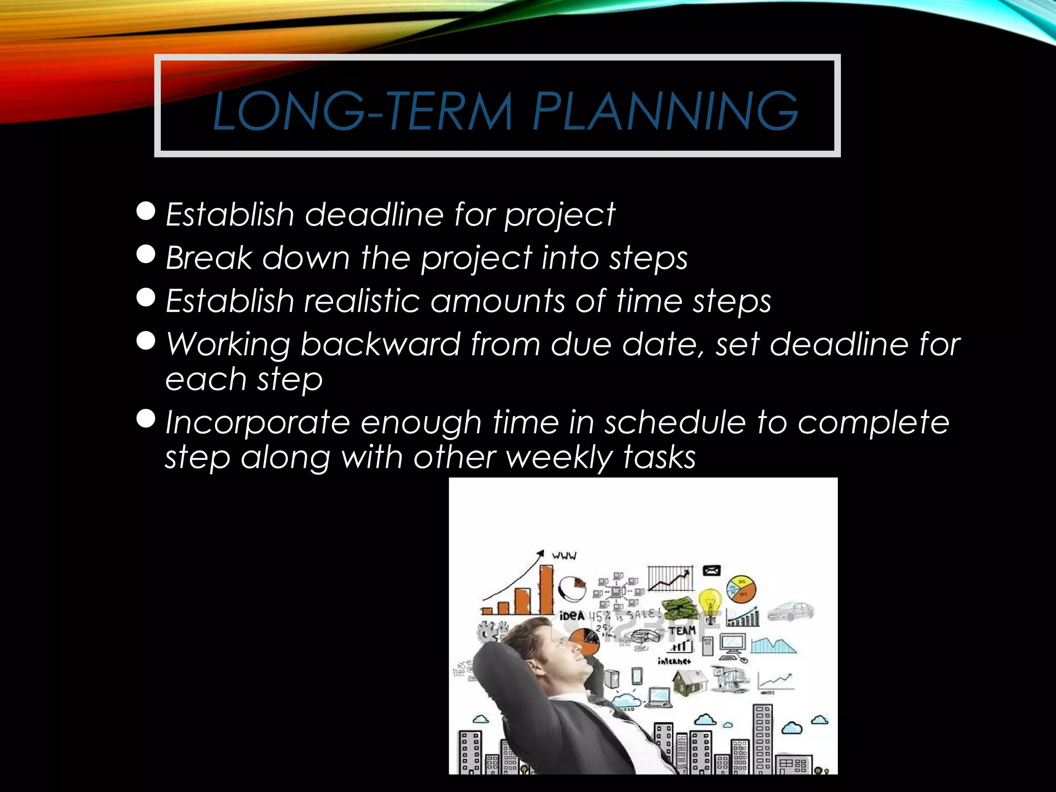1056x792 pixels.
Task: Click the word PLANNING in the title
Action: tap(665, 111)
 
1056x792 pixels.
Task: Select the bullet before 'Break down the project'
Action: tap(146, 254)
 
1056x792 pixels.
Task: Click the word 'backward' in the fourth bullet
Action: tap(380, 344)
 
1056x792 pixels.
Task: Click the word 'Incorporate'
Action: tap(258, 423)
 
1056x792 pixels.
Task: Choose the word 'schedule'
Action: tap(675, 423)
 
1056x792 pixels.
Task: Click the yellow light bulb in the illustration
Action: tap(710, 601)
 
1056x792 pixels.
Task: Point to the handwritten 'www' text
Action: tap(564, 556)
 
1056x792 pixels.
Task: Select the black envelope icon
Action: tap(712, 570)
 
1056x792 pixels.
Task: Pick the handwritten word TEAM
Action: tap(682, 631)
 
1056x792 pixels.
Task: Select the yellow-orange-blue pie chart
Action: tap(741, 589)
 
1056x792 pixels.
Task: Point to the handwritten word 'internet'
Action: tap(674, 661)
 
